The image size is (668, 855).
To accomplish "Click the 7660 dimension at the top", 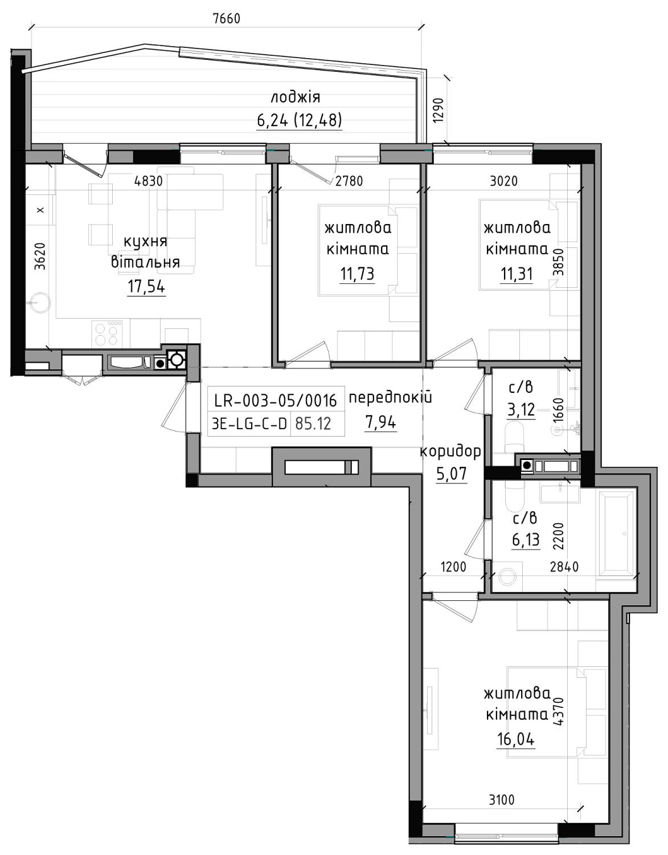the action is [x=226, y=18].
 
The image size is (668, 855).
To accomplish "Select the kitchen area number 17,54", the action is [x=146, y=287].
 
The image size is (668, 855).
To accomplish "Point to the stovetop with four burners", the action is [x=107, y=333].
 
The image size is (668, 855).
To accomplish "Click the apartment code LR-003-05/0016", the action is [x=276, y=401].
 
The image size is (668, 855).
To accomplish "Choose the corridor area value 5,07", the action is [x=452, y=474].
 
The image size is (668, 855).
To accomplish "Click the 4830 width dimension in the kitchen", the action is [x=148, y=181].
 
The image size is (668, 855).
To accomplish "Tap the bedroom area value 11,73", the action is [x=357, y=274].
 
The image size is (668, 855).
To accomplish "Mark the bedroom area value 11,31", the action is [x=517, y=274].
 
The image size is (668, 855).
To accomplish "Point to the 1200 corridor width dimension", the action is [x=453, y=567].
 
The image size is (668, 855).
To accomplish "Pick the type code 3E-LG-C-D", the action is [x=249, y=424].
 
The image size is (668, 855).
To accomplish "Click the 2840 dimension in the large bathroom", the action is [x=564, y=567].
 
